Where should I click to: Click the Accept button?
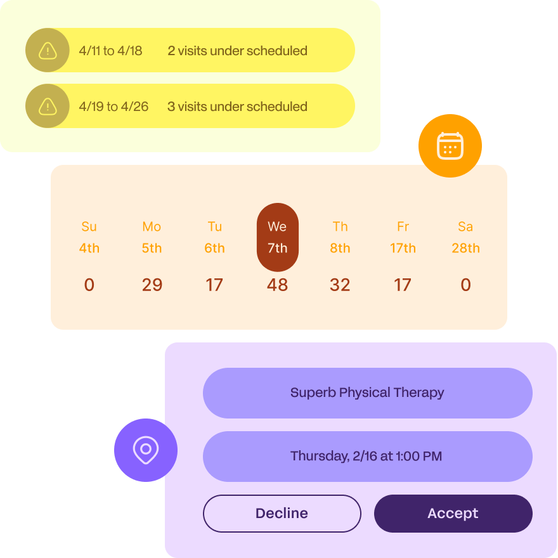pyautogui.click(x=453, y=514)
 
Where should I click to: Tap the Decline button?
pyautogui.click(x=282, y=514)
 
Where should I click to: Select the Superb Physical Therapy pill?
pyautogui.click(x=367, y=393)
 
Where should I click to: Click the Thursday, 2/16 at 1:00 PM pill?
pyautogui.click(x=367, y=456)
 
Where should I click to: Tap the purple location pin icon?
pyautogui.click(x=146, y=450)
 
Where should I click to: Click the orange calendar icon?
pyautogui.click(x=450, y=146)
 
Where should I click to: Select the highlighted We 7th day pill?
pyautogui.click(x=277, y=237)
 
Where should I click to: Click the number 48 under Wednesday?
pyautogui.click(x=277, y=285)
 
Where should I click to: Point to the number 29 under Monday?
pyautogui.click(x=152, y=285)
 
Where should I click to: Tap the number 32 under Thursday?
pyautogui.click(x=340, y=285)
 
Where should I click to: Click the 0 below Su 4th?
pyautogui.click(x=89, y=285)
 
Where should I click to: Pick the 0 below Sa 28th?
pyautogui.click(x=465, y=285)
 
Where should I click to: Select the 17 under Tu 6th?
pyautogui.click(x=214, y=285)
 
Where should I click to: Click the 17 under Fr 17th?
pyautogui.click(x=403, y=285)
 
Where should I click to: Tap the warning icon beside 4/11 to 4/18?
pyautogui.click(x=48, y=51)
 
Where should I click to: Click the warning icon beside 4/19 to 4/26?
pyautogui.click(x=48, y=107)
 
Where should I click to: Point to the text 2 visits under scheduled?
pyautogui.click(x=237, y=51)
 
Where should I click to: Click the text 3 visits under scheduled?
pyautogui.click(x=237, y=107)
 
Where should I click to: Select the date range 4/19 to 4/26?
pyautogui.click(x=114, y=107)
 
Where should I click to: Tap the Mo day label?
pyautogui.click(x=152, y=227)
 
